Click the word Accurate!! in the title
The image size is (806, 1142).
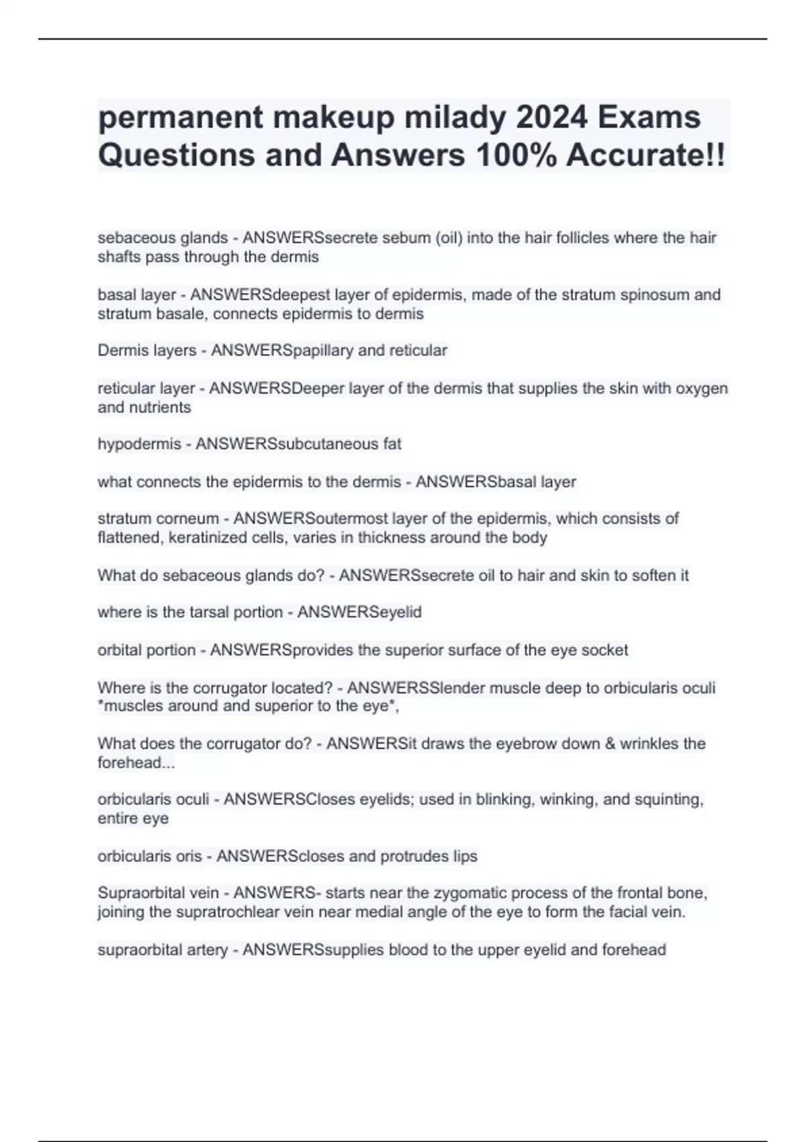[x=645, y=155]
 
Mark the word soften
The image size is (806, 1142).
[x=654, y=576]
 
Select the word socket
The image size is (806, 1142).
[x=604, y=650]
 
